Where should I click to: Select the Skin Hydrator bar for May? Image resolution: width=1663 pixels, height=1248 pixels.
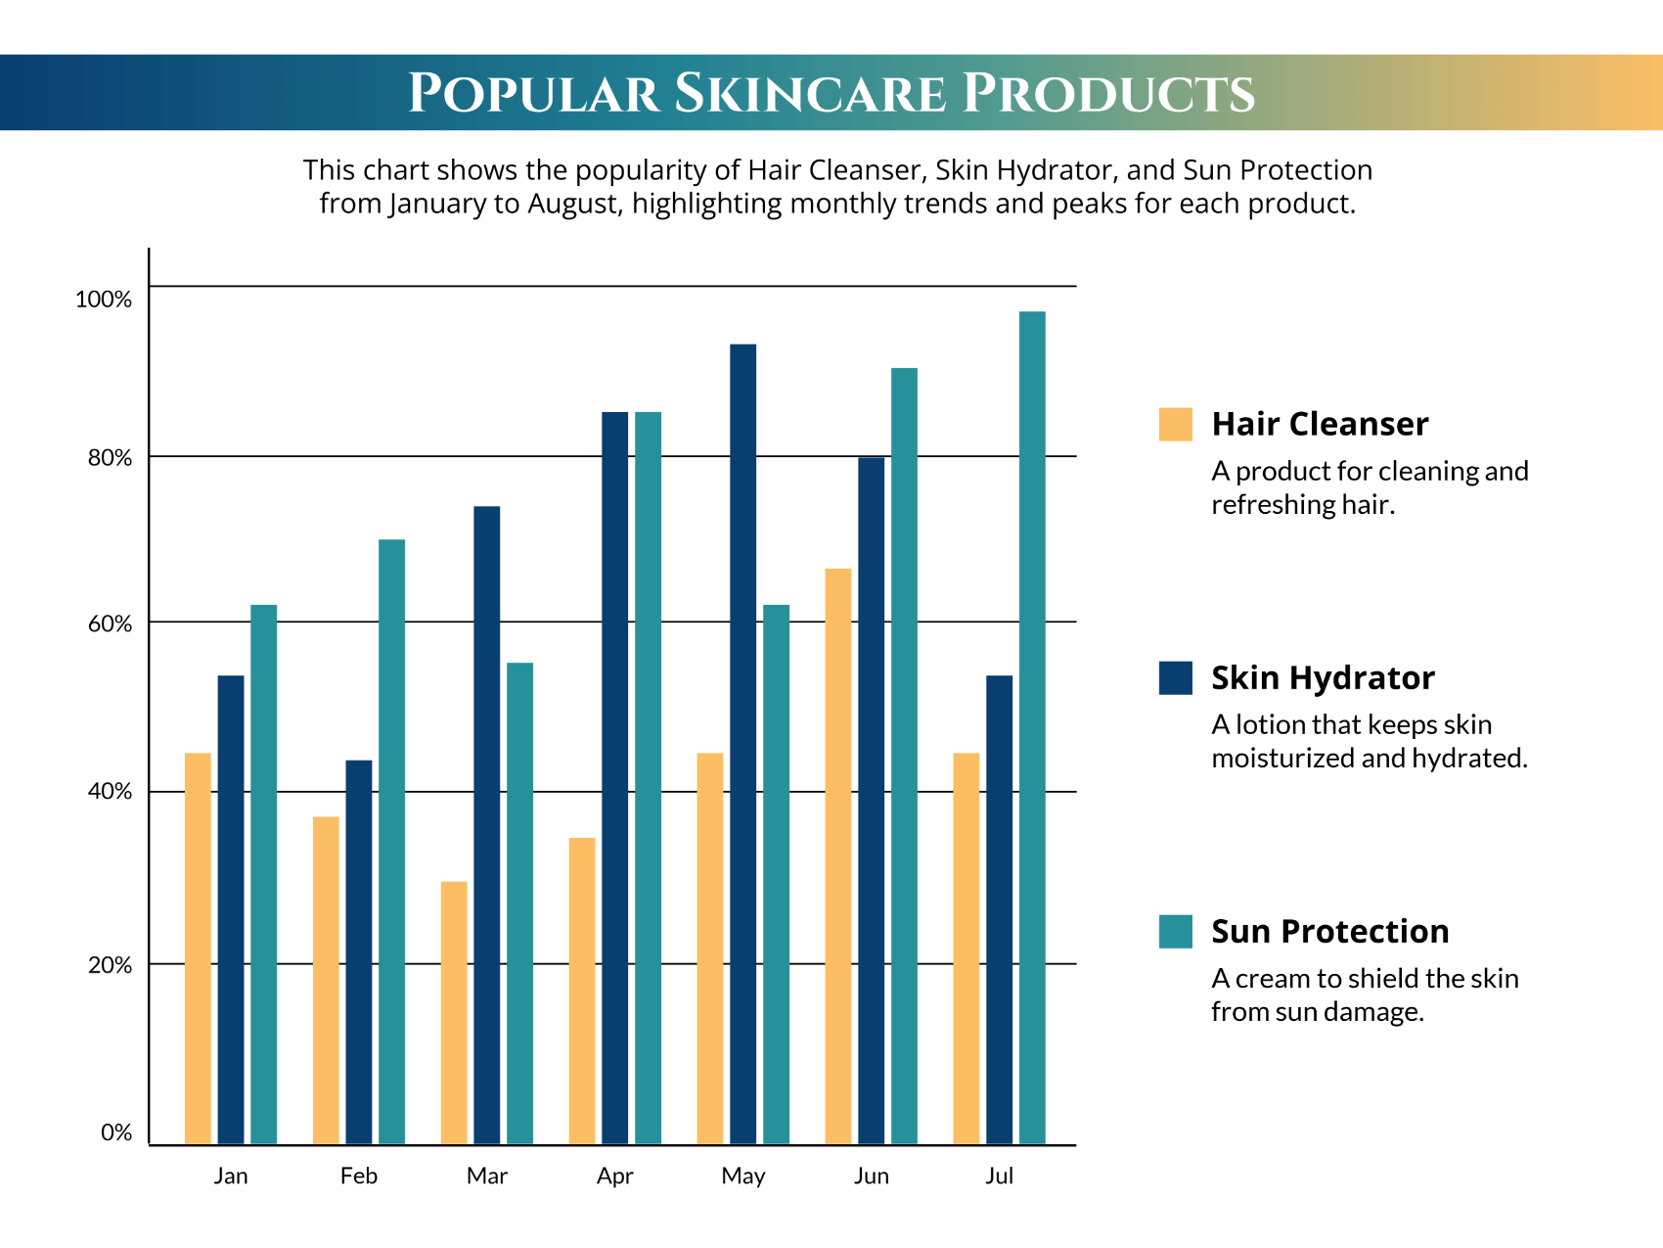point(742,744)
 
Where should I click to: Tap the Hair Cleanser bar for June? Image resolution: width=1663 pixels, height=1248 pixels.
point(837,855)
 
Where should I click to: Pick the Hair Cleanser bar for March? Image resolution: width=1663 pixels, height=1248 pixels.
point(454,1012)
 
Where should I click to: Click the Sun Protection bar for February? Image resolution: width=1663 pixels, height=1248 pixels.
point(391,841)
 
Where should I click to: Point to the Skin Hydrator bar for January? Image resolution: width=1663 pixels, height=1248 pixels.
point(231,909)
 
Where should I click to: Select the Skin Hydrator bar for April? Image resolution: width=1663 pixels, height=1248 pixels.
point(614,777)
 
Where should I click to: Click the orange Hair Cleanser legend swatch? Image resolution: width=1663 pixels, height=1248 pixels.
point(1175,424)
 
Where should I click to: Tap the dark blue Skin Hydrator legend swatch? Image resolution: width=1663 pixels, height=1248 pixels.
point(1175,677)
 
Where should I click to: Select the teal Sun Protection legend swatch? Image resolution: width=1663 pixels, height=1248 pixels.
point(1175,931)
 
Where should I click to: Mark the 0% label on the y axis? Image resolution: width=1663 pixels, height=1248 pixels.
point(116,1132)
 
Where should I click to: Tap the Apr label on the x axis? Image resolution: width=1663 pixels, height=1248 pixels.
point(614,1176)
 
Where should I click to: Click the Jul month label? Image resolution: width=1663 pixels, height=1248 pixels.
point(999,1176)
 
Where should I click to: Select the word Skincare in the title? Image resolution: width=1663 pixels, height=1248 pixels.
point(810,94)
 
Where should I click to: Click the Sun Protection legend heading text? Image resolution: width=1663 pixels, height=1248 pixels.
point(1329,931)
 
